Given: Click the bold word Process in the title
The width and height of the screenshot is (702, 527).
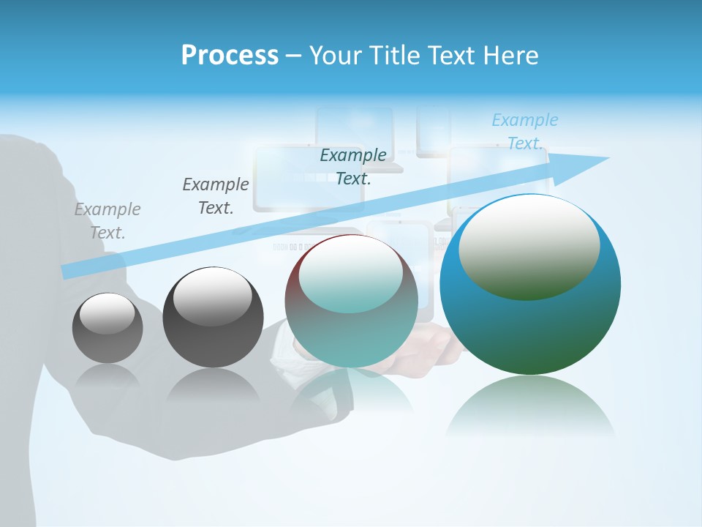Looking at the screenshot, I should click(230, 56).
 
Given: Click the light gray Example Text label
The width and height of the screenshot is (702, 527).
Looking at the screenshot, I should click(107, 221).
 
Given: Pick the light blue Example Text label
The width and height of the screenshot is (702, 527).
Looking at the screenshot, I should click(525, 132).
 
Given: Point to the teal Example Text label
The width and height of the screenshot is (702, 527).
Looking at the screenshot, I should click(353, 166).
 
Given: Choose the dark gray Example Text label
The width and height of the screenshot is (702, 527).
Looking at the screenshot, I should click(216, 196).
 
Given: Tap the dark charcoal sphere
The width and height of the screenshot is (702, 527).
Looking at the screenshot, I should click(213, 337).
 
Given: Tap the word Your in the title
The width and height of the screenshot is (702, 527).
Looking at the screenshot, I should click(336, 56).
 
